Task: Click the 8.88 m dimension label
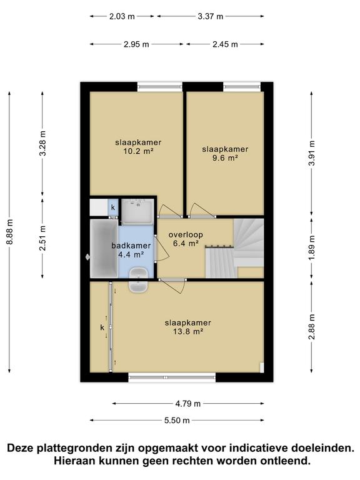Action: [10, 232]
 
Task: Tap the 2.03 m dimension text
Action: [122, 16]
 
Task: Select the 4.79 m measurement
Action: [188, 404]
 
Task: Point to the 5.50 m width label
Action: [177, 420]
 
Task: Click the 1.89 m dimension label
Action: [312, 248]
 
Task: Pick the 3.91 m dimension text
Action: [312, 152]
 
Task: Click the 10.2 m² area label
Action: [138, 151]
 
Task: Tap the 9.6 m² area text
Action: [225, 158]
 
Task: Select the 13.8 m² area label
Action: [188, 331]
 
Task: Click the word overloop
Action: [186, 235]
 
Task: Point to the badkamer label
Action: [131, 246]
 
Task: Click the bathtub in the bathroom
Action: [104, 248]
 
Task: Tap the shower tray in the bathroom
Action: [137, 211]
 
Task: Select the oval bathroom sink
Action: [139, 280]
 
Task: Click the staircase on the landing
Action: [234, 248]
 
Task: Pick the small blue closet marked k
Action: [113, 207]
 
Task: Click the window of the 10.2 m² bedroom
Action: [160, 87]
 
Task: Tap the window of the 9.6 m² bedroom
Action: [242, 87]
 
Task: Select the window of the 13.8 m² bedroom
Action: [172, 377]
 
